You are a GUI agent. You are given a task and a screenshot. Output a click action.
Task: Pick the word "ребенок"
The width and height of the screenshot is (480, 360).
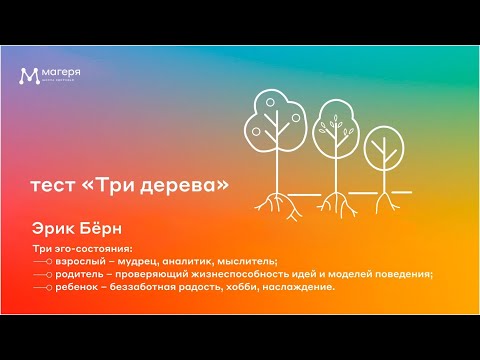tap(75, 286)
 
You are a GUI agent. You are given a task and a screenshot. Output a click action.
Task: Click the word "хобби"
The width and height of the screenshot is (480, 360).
tap(247, 286)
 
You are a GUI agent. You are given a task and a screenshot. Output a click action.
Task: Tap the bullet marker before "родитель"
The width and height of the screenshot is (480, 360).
tap(42, 273)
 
